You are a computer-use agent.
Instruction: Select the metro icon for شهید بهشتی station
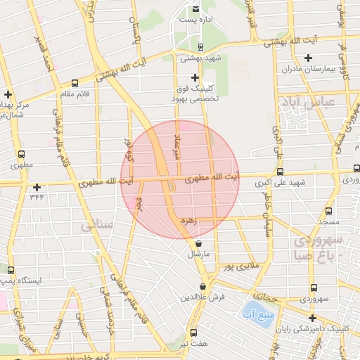point(202,48)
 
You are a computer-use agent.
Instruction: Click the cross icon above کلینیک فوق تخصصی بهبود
point(195,77)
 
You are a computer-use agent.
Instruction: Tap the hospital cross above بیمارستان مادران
point(307,58)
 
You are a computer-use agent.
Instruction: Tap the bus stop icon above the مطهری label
point(20,155)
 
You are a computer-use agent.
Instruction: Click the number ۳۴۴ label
point(37,198)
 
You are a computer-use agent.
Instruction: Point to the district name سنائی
point(97,226)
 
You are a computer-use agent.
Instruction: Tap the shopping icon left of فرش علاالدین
point(203,286)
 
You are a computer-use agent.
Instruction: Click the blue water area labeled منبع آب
point(251,309)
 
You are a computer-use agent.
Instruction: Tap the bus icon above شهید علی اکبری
point(281,171)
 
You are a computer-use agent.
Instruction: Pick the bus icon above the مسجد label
point(328,210)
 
